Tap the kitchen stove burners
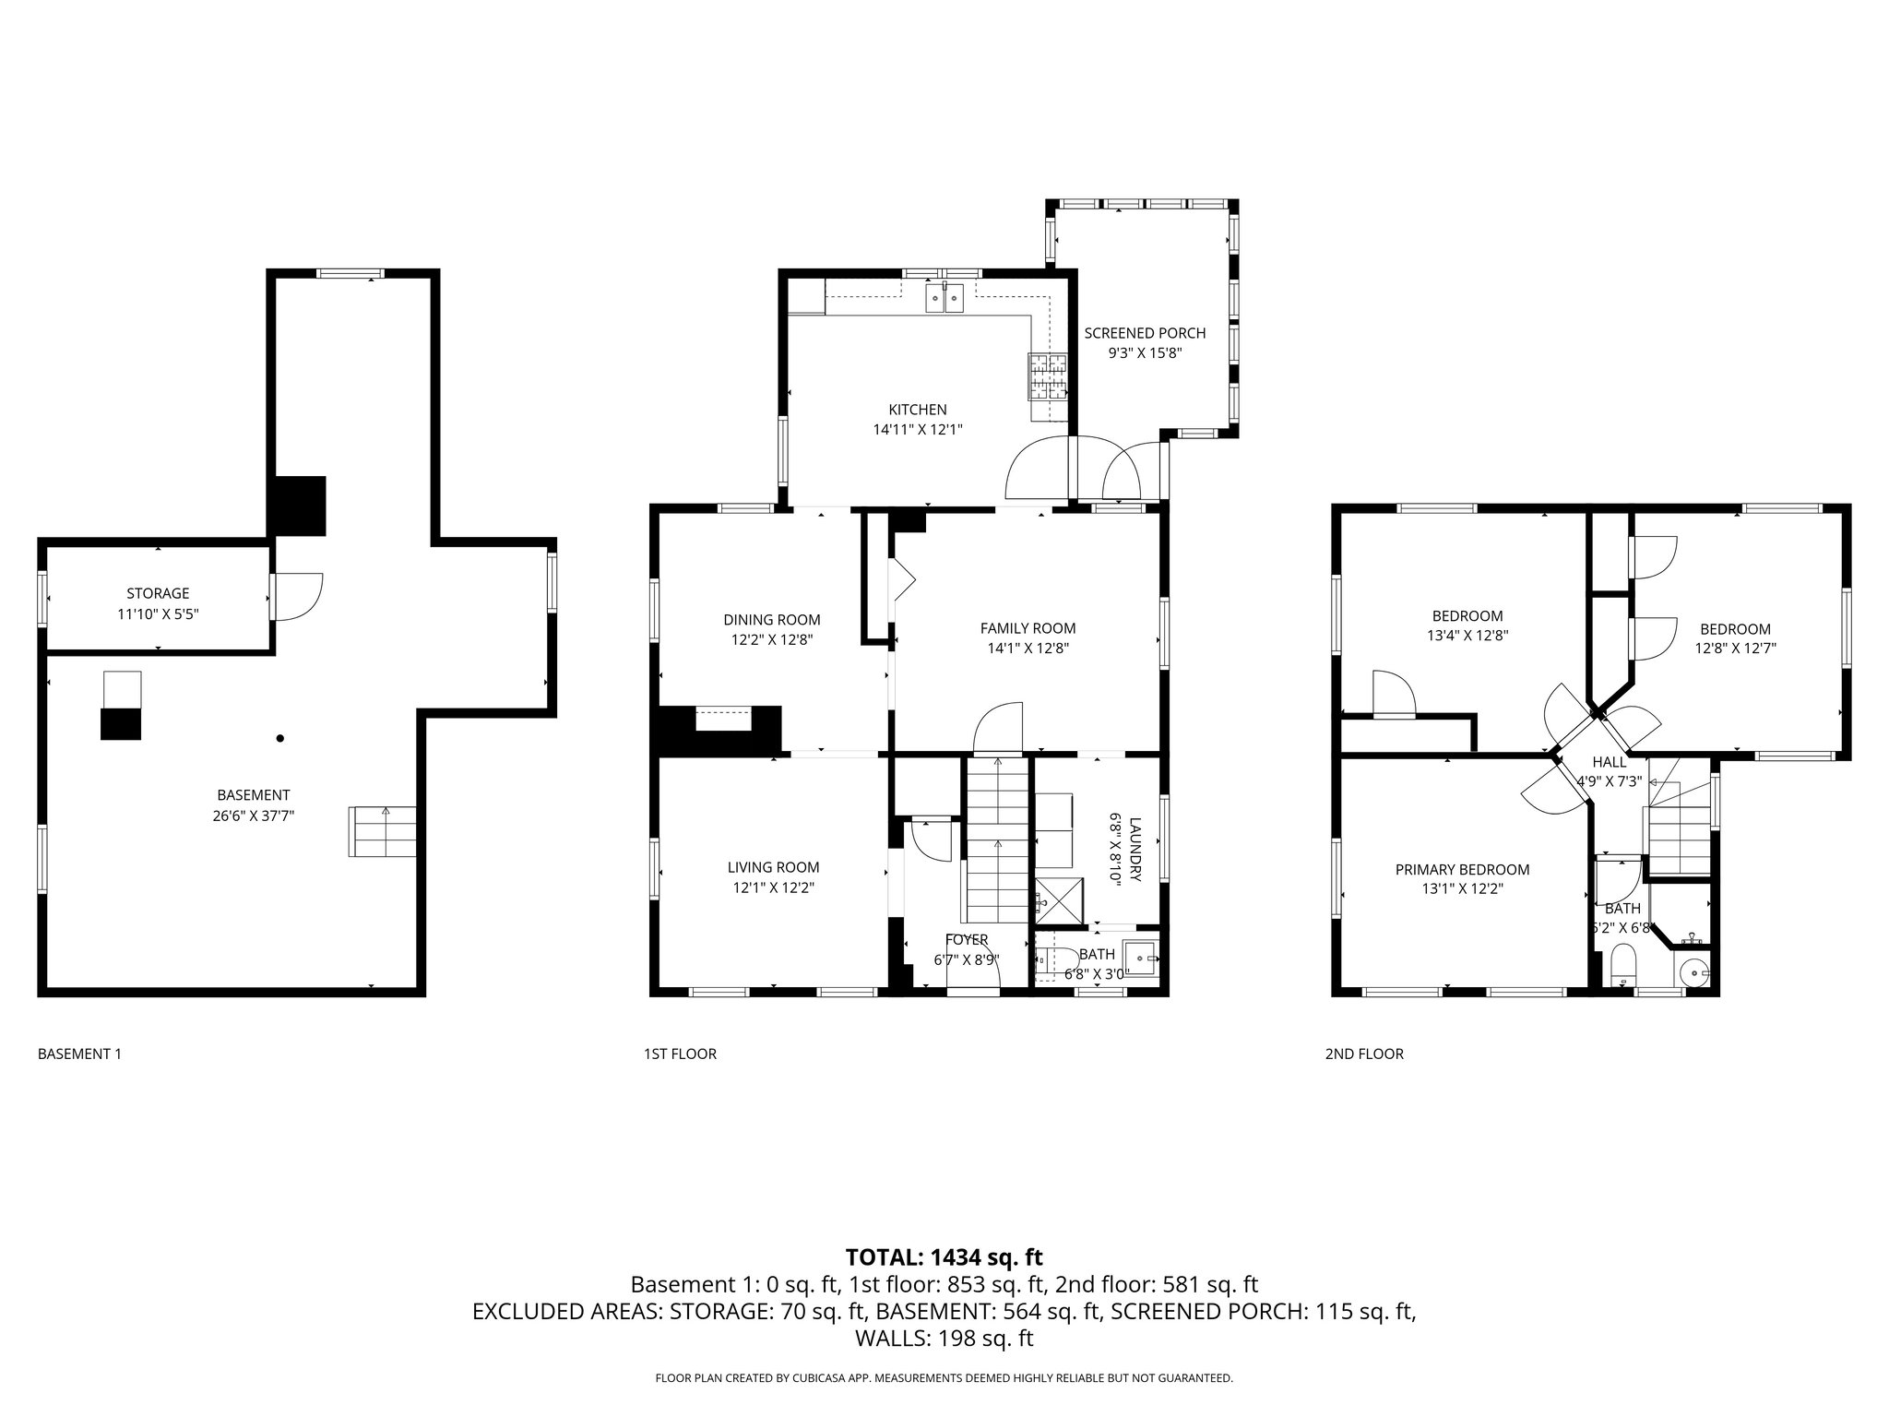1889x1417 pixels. click(1049, 376)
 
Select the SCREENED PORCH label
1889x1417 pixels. click(1145, 333)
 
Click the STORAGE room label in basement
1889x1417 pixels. click(158, 593)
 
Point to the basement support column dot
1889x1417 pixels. click(280, 738)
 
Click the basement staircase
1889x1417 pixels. click(382, 831)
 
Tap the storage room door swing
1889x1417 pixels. click(298, 596)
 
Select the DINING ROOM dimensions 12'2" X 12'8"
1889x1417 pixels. click(771, 639)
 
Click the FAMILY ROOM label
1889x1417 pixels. click(1028, 628)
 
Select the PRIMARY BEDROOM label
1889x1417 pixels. click(1462, 869)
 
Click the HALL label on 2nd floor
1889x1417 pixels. click(1610, 762)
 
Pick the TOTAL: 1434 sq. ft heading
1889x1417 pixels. click(944, 1256)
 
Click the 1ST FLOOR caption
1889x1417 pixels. click(680, 1054)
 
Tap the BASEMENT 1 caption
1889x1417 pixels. click(79, 1054)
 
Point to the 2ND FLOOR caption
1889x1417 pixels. click(1364, 1054)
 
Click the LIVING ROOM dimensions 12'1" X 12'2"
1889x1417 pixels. click(773, 887)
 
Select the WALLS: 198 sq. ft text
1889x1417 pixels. click(944, 1338)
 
